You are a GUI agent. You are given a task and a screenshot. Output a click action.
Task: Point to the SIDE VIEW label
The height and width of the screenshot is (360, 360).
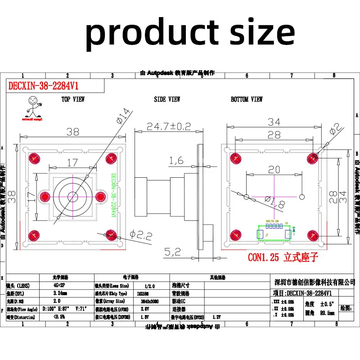click(x=167, y=99)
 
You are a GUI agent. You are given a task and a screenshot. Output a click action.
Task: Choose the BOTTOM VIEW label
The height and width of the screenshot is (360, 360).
click(x=247, y=99)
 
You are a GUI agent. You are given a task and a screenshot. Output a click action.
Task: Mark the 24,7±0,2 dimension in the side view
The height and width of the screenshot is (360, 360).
click(x=169, y=127)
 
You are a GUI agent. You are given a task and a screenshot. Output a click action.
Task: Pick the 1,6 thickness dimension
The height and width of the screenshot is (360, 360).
click(x=176, y=161)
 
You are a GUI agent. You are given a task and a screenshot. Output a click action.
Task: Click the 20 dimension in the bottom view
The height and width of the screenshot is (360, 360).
click(x=274, y=170)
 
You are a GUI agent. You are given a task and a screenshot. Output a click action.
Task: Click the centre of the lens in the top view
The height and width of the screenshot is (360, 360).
click(x=72, y=196)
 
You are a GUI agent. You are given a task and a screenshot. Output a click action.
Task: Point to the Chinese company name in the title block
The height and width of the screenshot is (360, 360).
click(x=315, y=282)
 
